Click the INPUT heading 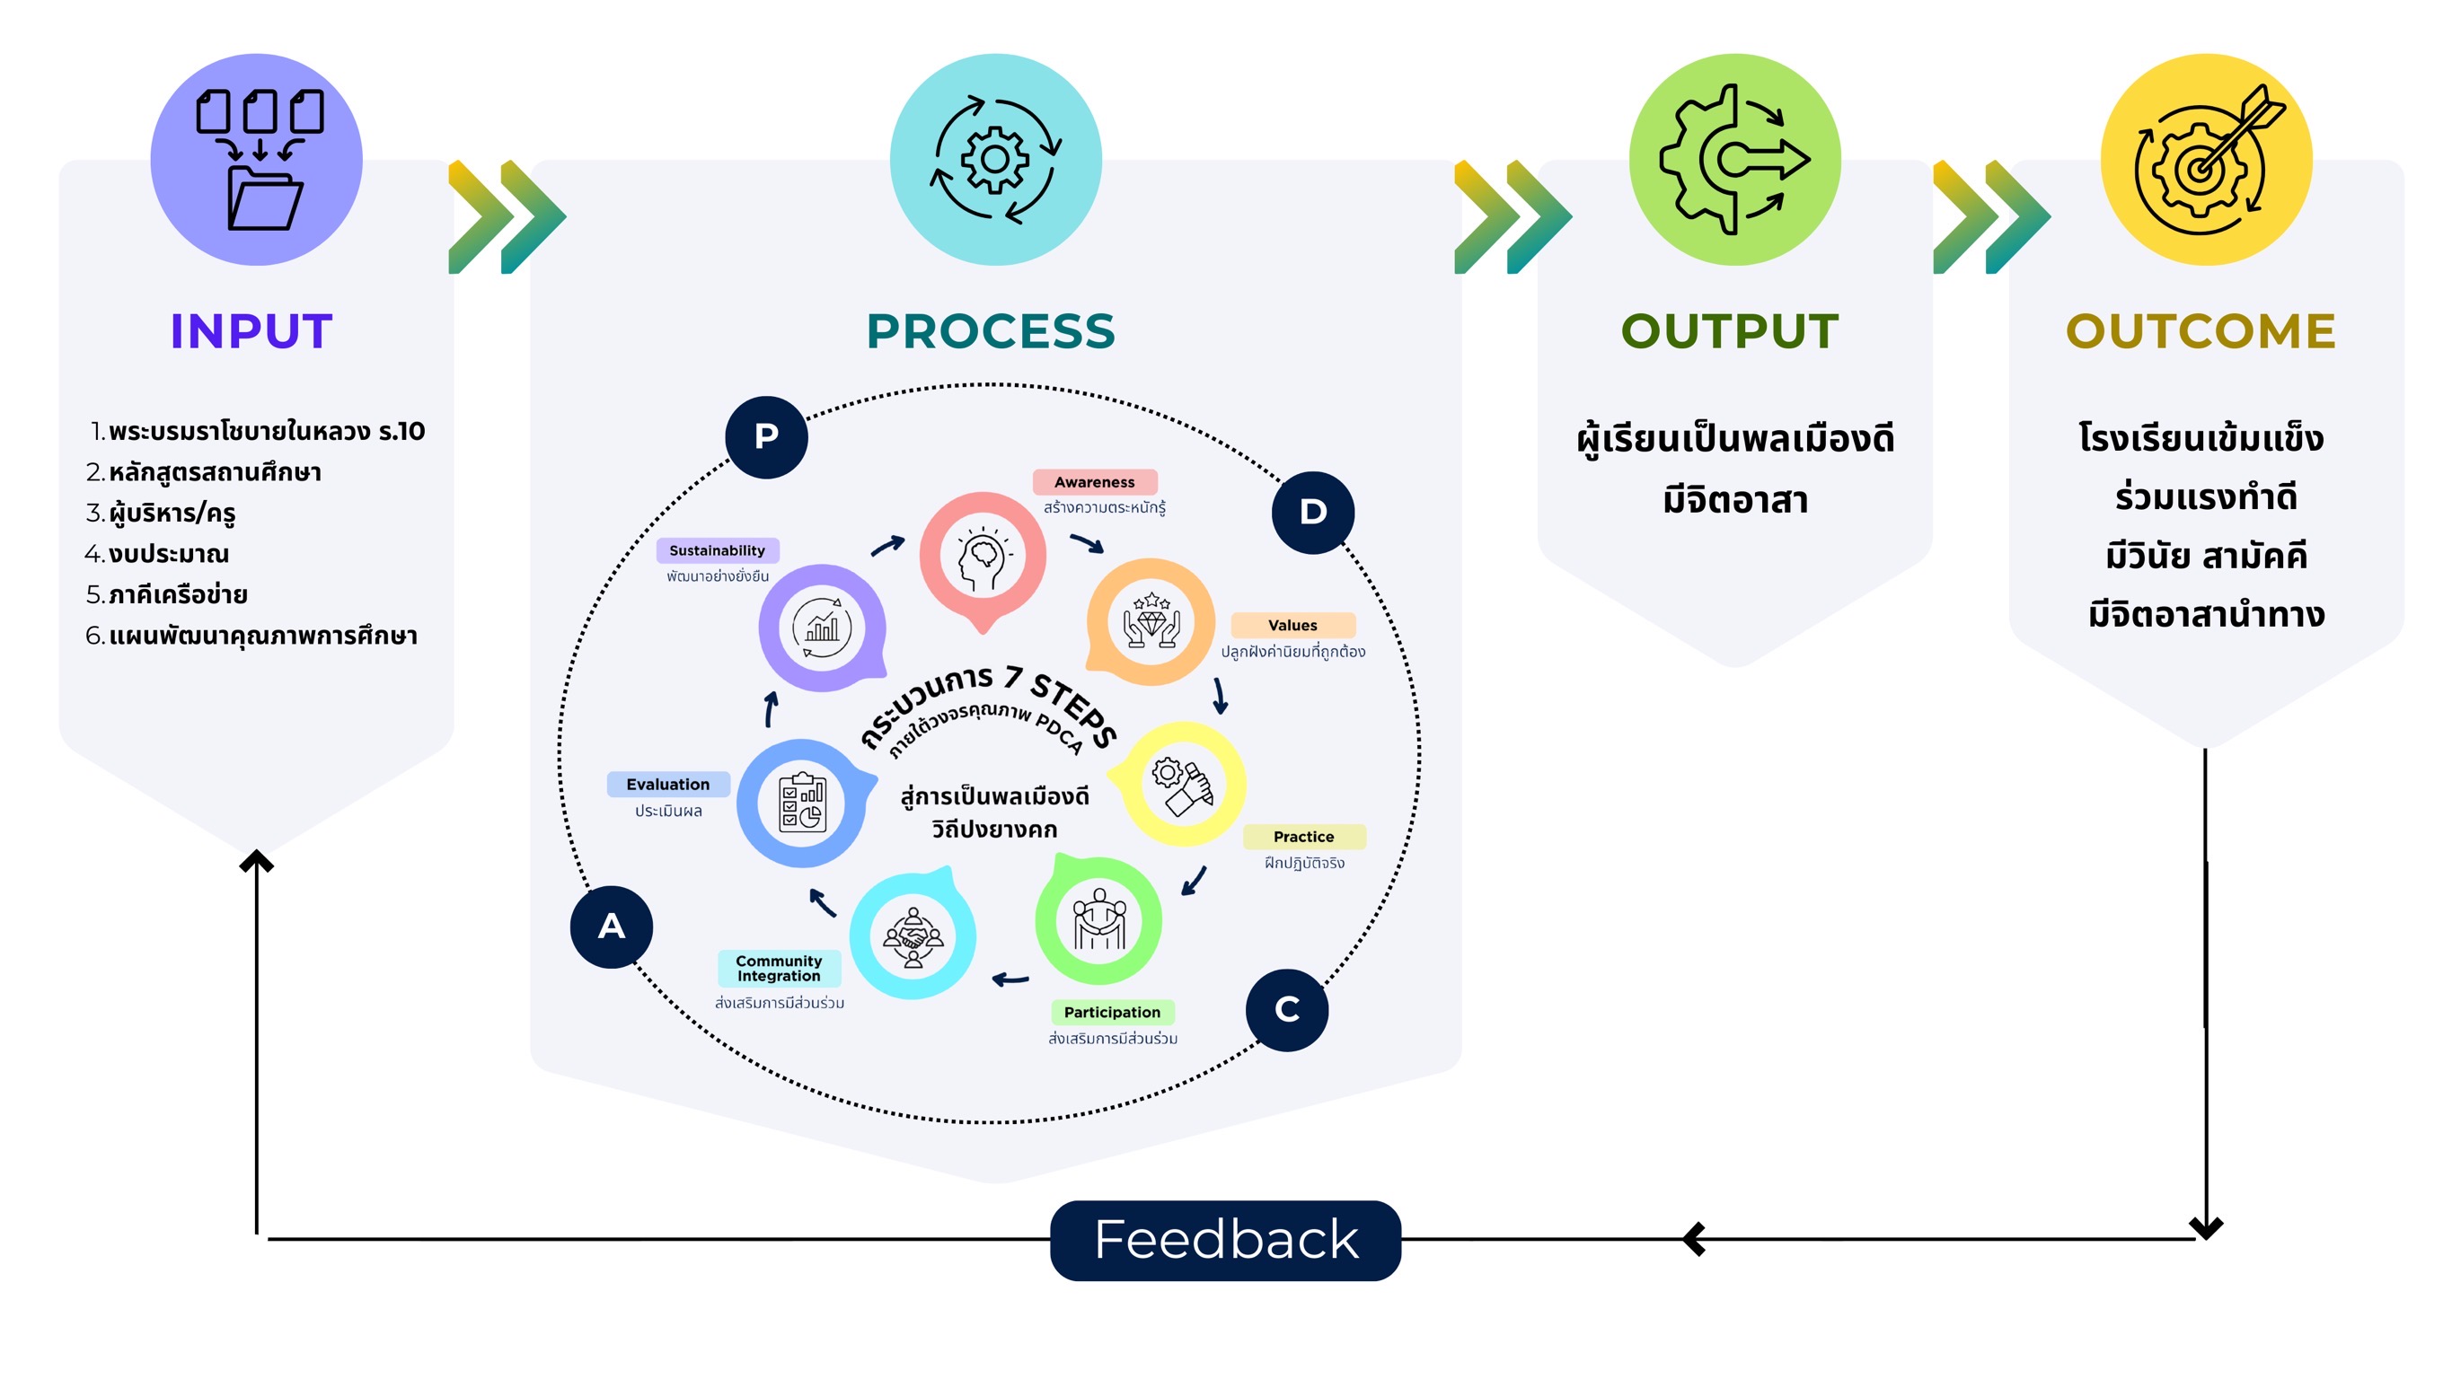[x=251, y=331]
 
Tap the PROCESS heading [x=990, y=331]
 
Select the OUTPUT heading [x=1730, y=331]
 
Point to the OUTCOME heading [x=2200, y=331]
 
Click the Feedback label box [x=1225, y=1239]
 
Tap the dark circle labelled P [x=766, y=437]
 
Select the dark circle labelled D [x=1312, y=512]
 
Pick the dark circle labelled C [x=1287, y=1009]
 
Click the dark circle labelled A [x=611, y=926]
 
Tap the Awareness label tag [x=1095, y=482]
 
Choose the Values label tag [x=1292, y=625]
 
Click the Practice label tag [x=1304, y=837]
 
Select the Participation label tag [x=1112, y=1012]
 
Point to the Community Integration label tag [x=779, y=968]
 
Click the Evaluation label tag [x=668, y=784]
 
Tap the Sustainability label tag [x=717, y=550]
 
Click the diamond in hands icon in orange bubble [x=1151, y=621]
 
